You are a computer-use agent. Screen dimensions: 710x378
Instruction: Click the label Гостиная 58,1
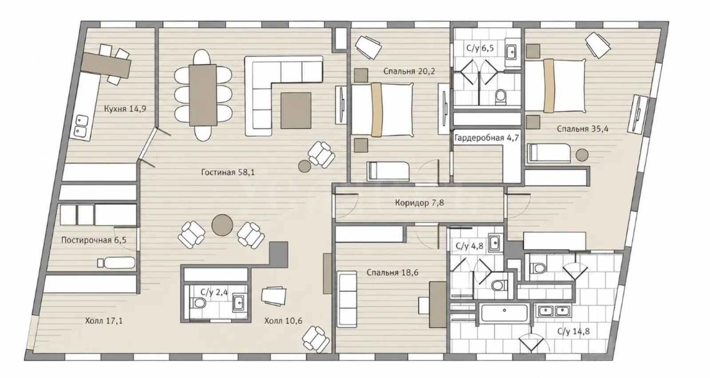(228, 173)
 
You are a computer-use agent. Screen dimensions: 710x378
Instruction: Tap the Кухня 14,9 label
(125, 109)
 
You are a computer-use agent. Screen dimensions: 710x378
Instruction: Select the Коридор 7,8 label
(419, 203)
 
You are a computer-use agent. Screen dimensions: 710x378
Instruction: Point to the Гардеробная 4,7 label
(487, 138)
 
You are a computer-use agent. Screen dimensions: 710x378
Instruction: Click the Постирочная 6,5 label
(94, 240)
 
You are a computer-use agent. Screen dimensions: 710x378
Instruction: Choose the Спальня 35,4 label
(583, 129)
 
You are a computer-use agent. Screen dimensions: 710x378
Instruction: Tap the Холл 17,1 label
(104, 321)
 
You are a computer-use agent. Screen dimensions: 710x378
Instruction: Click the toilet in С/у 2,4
(199, 303)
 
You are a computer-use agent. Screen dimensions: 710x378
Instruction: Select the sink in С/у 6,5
(512, 52)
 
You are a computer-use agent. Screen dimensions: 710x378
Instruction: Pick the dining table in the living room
(203, 95)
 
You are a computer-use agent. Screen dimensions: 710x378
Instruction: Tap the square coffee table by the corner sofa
(296, 110)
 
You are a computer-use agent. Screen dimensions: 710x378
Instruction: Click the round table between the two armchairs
(222, 225)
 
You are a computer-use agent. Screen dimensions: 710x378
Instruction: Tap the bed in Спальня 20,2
(383, 110)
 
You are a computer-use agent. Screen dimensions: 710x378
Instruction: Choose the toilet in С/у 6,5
(501, 96)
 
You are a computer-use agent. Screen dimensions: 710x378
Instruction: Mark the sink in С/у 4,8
(494, 243)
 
